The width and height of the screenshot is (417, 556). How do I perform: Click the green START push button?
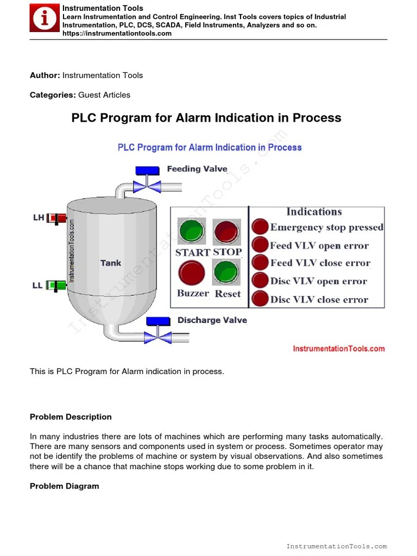pyautogui.click(x=191, y=231)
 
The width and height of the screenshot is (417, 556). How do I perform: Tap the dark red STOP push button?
pyautogui.click(x=225, y=231)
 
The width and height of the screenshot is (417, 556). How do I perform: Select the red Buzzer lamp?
pyautogui.click(x=192, y=273)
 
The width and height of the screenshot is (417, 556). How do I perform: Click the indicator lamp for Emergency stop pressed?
pyautogui.click(x=261, y=227)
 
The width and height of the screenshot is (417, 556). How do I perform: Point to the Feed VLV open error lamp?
pyautogui.click(x=261, y=245)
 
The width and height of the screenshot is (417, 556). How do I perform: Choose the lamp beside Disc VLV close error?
pyautogui.click(x=261, y=299)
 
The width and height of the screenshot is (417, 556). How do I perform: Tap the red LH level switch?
pyautogui.click(x=56, y=218)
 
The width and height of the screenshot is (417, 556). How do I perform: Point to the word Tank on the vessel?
pyautogui.click(x=111, y=263)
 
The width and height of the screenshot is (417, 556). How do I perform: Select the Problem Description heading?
pyautogui.click(x=71, y=417)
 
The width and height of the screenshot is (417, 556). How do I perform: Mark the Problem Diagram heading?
pyautogui.click(x=64, y=486)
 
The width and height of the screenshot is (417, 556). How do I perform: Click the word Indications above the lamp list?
pyautogui.click(x=314, y=212)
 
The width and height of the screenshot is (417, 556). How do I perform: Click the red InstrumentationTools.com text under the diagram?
pyautogui.click(x=339, y=349)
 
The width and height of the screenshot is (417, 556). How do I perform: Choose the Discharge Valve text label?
pyautogui.click(x=212, y=320)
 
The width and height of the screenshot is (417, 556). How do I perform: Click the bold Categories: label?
pyautogui.click(x=53, y=95)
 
